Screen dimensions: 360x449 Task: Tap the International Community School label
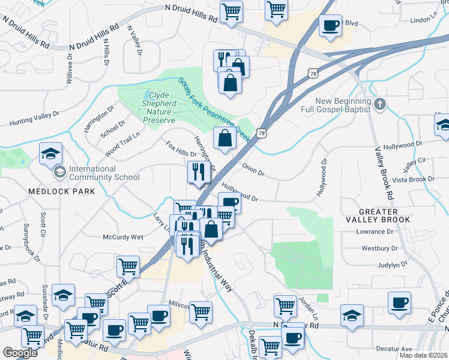(104, 173)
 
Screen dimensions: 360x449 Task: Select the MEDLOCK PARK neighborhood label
(61, 191)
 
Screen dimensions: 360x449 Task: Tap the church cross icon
(379, 105)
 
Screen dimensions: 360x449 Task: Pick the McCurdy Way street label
(122, 237)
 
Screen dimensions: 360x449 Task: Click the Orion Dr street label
(253, 170)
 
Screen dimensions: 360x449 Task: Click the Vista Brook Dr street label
(413, 179)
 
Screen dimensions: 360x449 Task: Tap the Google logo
(20, 353)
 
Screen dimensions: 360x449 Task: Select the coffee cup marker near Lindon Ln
(331, 26)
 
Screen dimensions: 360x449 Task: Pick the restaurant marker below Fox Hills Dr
(197, 173)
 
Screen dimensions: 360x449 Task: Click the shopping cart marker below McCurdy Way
(128, 266)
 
